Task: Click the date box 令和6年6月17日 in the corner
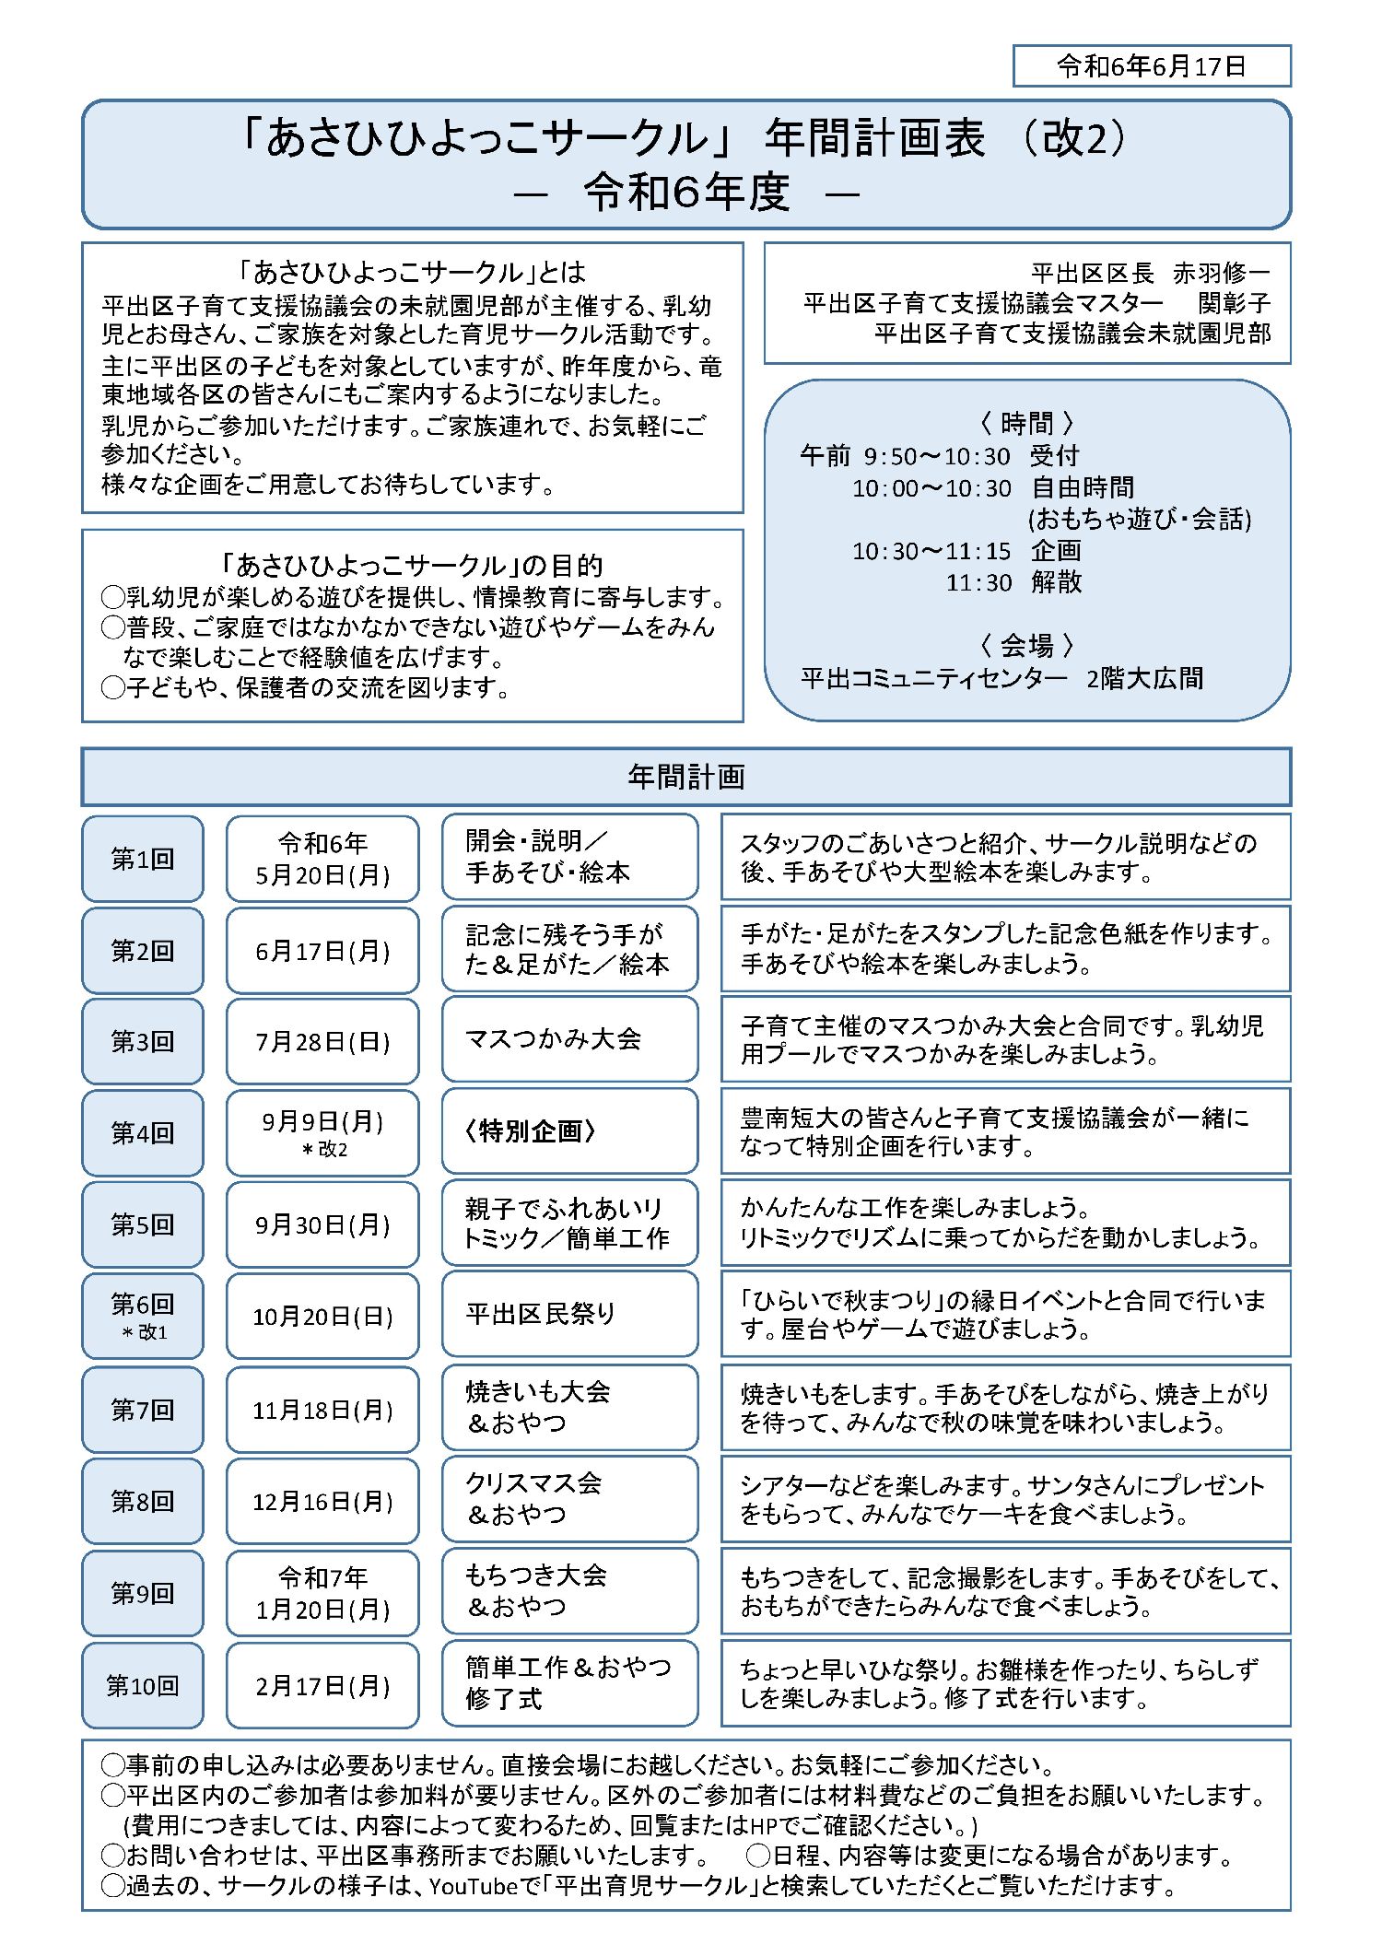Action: coord(1151,66)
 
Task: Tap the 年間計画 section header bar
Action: coord(685,777)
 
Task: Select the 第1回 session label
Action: coord(142,859)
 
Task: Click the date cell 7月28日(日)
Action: coord(322,1041)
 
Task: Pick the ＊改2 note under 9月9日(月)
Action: coord(323,1150)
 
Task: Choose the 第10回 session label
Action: coord(142,1685)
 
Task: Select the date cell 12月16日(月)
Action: coord(322,1502)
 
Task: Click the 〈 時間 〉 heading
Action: coord(1026,423)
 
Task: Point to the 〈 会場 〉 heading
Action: coord(1026,645)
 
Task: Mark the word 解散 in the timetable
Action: coord(1056,582)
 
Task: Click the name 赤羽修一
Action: coord(1221,274)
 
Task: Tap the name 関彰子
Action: coord(1234,303)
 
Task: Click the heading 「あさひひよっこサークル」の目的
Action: coord(412,565)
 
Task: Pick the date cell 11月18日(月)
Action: coord(322,1410)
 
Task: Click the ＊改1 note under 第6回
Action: coord(144,1332)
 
